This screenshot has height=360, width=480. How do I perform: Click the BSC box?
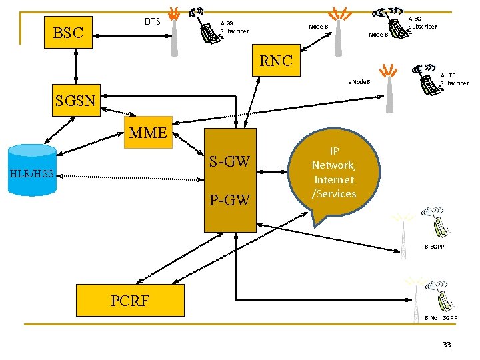[68, 32]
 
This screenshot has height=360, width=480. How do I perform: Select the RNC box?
[276, 61]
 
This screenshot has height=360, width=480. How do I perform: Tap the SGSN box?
[76, 101]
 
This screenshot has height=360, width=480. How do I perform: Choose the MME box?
[148, 133]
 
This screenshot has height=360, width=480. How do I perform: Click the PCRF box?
[130, 300]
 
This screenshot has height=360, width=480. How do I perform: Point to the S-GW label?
[229, 161]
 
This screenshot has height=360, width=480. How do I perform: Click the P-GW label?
[229, 199]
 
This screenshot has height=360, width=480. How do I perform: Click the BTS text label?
[153, 21]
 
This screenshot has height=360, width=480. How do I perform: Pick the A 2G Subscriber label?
[234, 27]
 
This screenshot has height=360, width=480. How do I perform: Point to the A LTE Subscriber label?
[455, 79]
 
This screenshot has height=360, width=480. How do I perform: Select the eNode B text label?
[359, 83]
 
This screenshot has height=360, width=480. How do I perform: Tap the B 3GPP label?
[435, 247]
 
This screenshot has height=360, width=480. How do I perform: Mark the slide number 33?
[447, 345]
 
